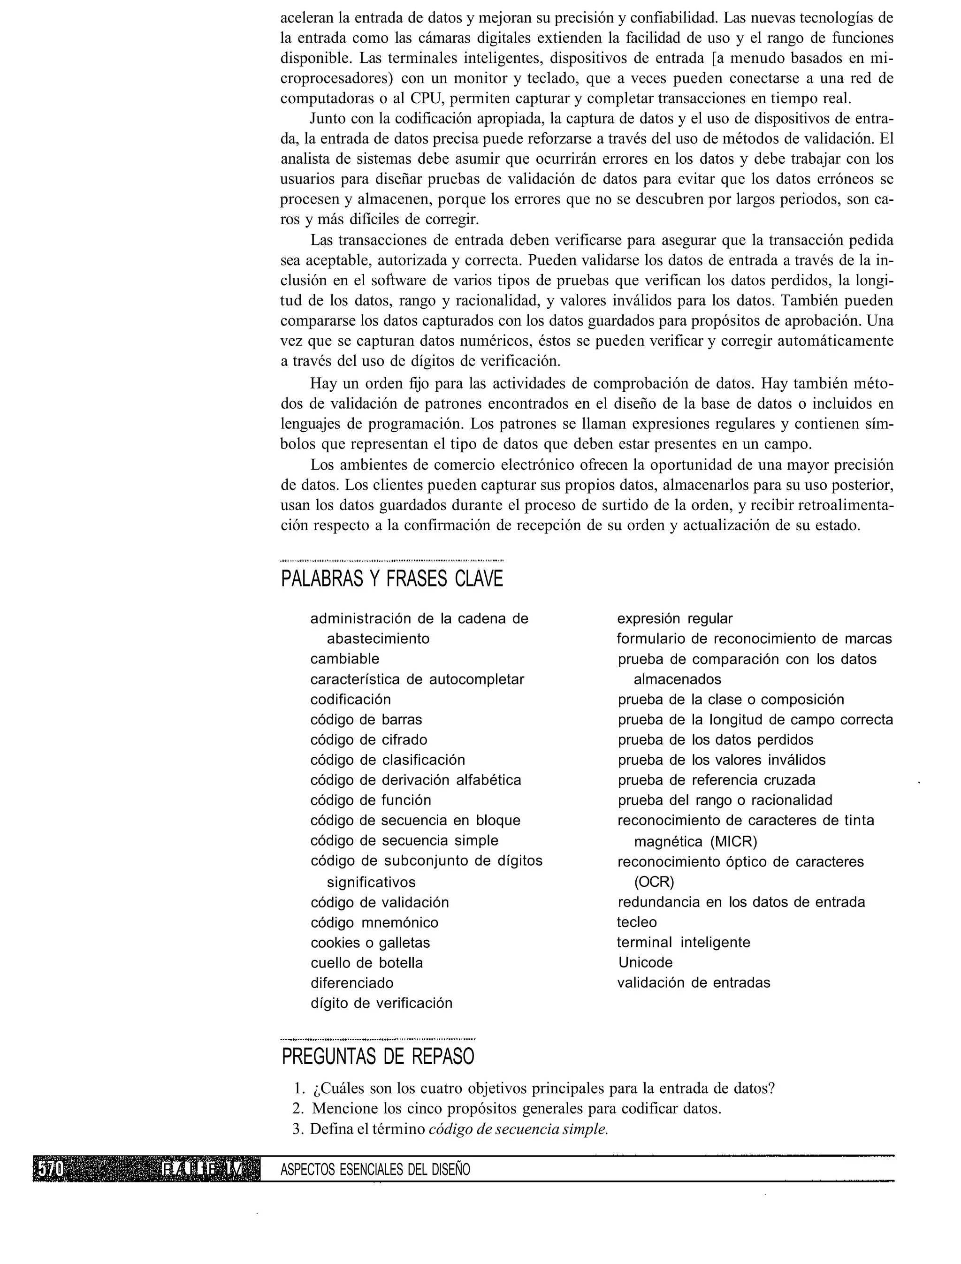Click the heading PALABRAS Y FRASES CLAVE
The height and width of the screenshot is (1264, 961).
(x=392, y=579)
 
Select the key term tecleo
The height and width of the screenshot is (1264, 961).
(x=637, y=922)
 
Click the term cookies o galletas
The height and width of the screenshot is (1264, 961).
(x=370, y=943)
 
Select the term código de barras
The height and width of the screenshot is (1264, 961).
(x=366, y=720)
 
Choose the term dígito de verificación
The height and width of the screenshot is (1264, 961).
(x=381, y=1003)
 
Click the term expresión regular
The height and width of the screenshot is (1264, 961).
(x=674, y=619)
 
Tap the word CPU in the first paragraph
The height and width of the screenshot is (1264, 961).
(x=427, y=99)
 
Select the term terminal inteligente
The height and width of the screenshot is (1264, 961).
(x=683, y=942)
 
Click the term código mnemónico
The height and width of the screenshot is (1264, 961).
(x=374, y=922)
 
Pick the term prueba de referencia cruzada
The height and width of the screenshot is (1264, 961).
(x=716, y=780)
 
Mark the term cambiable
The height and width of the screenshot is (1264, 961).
(x=344, y=659)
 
